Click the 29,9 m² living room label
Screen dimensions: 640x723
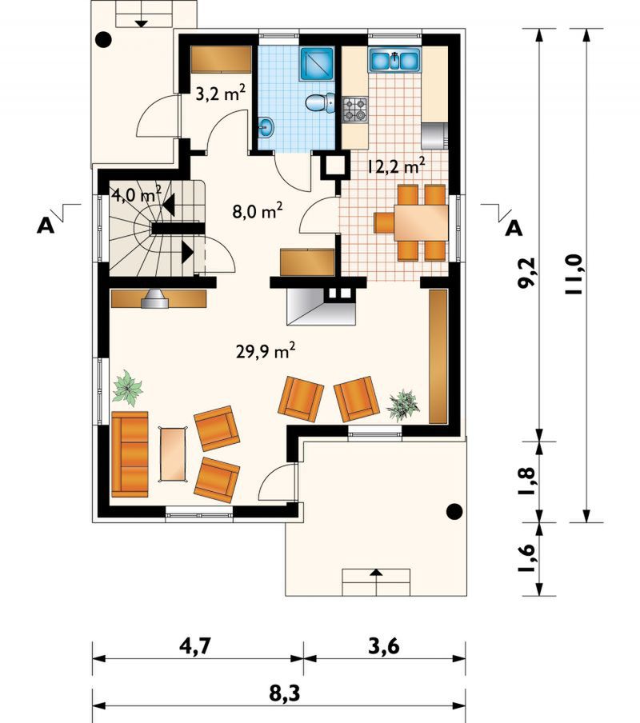pos(265,351)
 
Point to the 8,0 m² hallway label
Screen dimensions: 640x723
pos(257,211)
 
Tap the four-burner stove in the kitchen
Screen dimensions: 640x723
pos(355,110)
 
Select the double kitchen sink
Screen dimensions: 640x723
pos(394,60)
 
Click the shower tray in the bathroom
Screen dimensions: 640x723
pos(318,64)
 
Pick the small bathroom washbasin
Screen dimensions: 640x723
pos(266,127)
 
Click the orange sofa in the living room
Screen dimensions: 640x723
pos(130,454)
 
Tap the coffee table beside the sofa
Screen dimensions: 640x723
pos(174,454)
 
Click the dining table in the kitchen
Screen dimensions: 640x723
pos(421,222)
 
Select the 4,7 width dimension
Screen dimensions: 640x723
pos(195,646)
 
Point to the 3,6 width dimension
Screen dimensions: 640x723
pos(384,646)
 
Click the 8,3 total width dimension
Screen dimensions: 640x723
pos(285,693)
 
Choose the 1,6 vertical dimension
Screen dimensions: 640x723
pos(526,557)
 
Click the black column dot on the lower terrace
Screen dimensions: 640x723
pos(455,511)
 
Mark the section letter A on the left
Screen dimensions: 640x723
pos(45,226)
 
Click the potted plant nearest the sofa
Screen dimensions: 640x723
pos(128,388)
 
